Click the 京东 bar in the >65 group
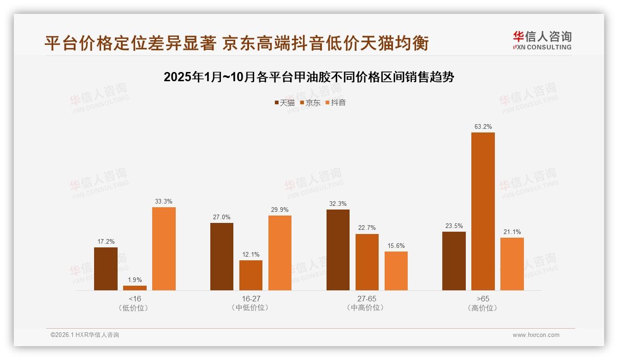click(483, 211)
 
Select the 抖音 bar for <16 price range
click(164, 249)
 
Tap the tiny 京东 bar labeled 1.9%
click(135, 288)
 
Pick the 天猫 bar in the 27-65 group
click(338, 250)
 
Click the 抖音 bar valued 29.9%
click(280, 253)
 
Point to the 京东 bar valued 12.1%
click(251, 275)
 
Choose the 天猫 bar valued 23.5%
click(454, 261)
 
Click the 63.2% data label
click(483, 126)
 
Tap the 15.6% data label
click(396, 246)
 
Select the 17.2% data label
click(106, 241)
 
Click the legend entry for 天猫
click(285, 102)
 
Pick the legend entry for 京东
click(310, 102)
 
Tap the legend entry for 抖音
click(336, 102)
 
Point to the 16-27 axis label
click(251, 299)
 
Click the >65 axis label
click(483, 299)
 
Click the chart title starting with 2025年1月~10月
click(309, 77)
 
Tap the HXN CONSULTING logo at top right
click(542, 41)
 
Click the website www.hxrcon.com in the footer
click(536, 335)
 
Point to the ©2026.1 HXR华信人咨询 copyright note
click(85, 335)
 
